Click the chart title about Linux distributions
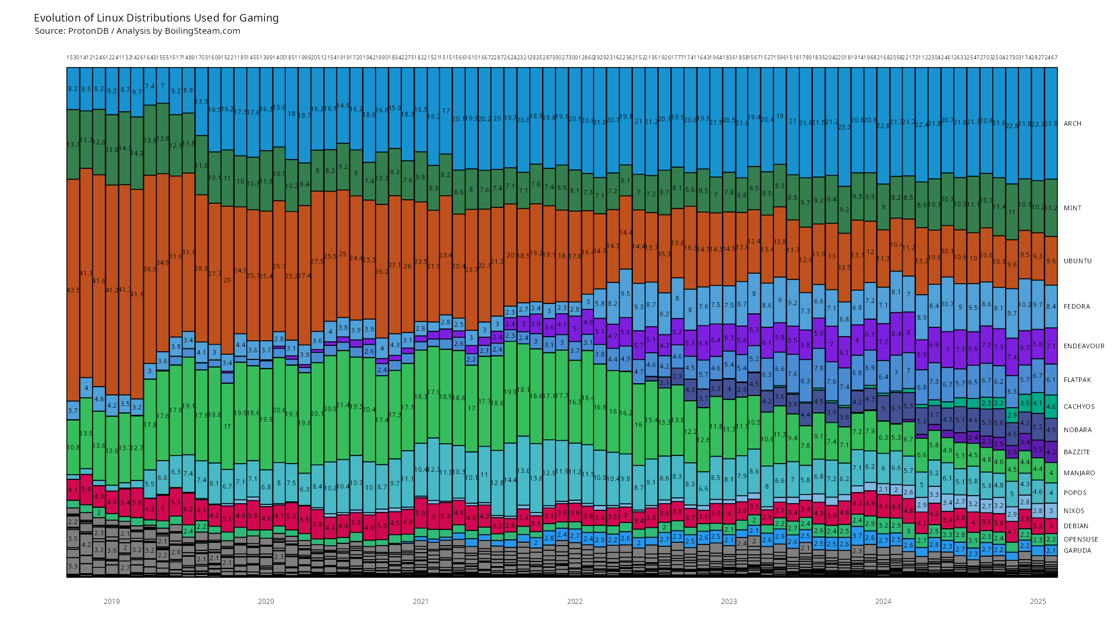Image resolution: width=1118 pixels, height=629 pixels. pos(156,18)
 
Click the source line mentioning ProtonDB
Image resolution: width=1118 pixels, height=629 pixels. pos(137,31)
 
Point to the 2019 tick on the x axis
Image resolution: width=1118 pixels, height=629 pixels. pos(112,602)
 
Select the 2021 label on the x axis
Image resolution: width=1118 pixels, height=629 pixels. pos(420,602)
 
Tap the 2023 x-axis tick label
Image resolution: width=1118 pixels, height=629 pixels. pos(728,602)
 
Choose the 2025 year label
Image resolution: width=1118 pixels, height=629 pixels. pos(1038,602)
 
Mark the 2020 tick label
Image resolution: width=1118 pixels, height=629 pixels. pos(266,602)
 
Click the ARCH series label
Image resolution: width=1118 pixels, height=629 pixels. pos(1073,123)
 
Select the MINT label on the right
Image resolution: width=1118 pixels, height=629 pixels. pos(1073,208)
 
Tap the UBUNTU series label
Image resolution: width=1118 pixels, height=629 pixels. pos(1078,261)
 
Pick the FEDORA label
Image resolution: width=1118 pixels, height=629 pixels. pos(1077,306)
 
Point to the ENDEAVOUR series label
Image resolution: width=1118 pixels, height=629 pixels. pos(1084,346)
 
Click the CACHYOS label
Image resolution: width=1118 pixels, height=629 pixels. pos(1079,407)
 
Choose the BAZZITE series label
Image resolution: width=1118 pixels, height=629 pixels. pos(1077,452)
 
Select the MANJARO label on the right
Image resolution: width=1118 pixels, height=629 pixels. pos(1079,473)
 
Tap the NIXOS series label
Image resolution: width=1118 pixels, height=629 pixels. pos(1074,511)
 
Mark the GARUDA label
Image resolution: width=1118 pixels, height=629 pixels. pos(1077,550)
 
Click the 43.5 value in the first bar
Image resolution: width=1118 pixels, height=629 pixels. pos(73,290)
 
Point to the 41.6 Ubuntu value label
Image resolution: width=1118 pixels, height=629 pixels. pos(99,281)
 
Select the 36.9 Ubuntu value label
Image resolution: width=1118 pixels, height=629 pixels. pos(150,269)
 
